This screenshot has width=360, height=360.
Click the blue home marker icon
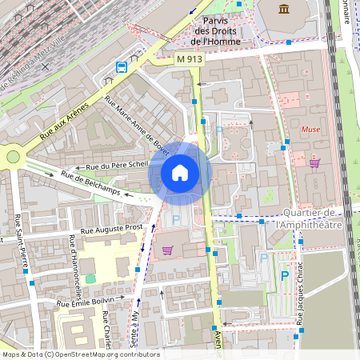[179, 172]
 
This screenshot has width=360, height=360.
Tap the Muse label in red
[310, 129]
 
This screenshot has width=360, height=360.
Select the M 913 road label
[190, 59]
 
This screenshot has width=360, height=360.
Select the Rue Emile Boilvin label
[93, 302]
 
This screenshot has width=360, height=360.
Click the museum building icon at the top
[284, 9]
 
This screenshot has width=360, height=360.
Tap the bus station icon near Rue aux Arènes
[122, 67]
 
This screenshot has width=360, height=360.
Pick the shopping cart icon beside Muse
[314, 163]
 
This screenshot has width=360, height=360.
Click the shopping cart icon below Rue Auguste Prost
[167, 250]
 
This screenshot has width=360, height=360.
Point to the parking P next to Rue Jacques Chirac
[284, 276]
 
